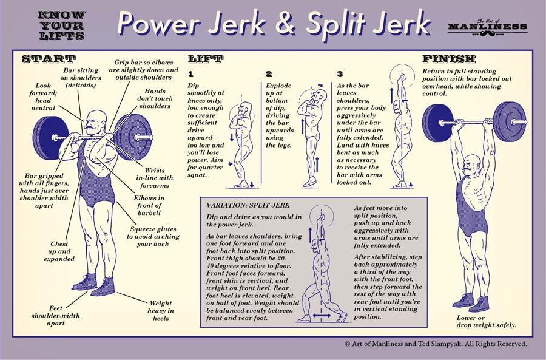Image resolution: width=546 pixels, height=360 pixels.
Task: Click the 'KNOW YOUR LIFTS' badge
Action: (x=61, y=25)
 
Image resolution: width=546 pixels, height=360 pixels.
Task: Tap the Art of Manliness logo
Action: (x=487, y=26)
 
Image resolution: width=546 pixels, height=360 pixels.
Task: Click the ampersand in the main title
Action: (x=288, y=24)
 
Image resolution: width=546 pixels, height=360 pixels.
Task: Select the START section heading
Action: (x=49, y=59)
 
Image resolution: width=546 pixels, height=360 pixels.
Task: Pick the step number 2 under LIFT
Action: (x=269, y=74)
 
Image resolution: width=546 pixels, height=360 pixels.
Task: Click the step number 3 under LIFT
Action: (x=340, y=74)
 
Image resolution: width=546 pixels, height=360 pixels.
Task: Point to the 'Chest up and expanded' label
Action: (x=59, y=251)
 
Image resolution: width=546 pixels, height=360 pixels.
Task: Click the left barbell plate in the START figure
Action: (x=49, y=138)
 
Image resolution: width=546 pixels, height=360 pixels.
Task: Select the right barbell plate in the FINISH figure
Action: (x=509, y=121)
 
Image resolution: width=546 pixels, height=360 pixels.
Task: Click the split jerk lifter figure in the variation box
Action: (x=322, y=267)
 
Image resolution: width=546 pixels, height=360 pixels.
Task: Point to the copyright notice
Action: (x=435, y=344)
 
